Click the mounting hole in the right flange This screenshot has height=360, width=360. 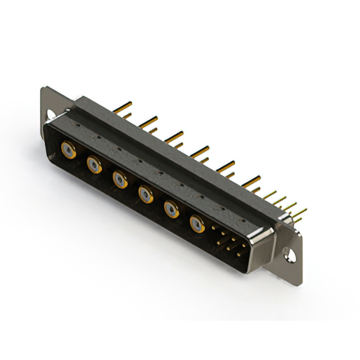[290, 255]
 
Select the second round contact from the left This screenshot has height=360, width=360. [93, 165]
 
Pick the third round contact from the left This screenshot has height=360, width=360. [119, 179]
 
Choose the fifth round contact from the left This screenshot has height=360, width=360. [171, 209]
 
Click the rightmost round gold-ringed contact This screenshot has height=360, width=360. [197, 224]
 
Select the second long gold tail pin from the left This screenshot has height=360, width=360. [148, 120]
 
